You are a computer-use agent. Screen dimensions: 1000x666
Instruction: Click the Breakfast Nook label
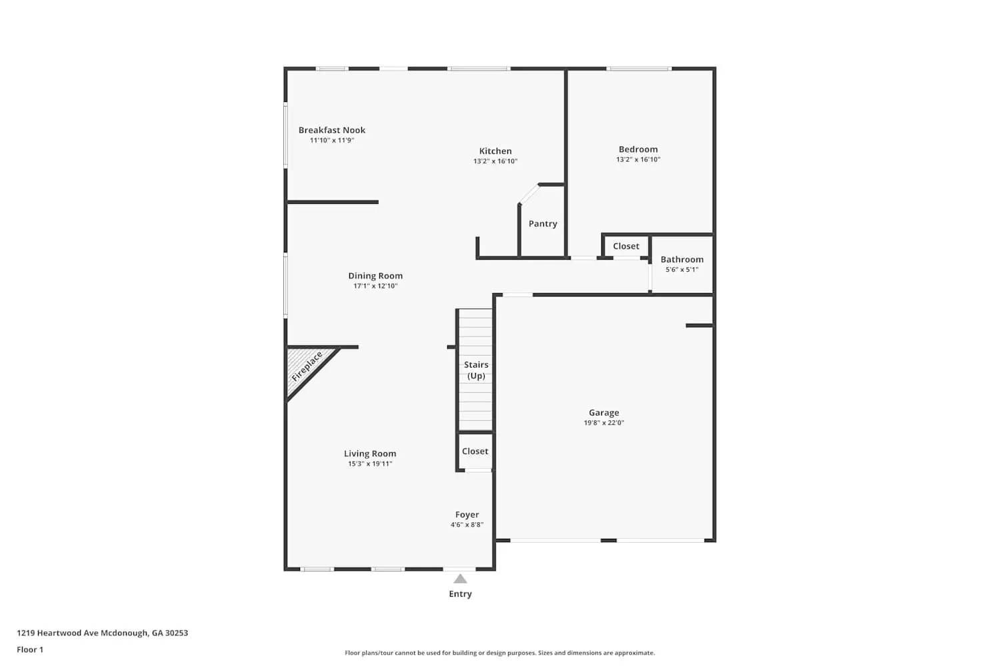[332, 131]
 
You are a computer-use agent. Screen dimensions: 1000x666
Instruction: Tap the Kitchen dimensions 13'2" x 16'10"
[495, 161]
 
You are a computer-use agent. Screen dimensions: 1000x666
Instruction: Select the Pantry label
[543, 224]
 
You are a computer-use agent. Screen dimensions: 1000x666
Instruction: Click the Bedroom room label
[638, 149]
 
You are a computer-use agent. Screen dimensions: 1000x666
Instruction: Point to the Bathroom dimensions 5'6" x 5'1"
[682, 270]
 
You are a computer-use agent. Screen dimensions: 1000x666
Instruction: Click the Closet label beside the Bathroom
[626, 246]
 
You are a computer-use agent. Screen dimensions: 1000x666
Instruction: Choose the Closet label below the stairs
[475, 452]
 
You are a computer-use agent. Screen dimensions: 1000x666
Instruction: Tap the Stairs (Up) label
[476, 370]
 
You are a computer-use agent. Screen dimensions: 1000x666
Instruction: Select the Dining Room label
[375, 276]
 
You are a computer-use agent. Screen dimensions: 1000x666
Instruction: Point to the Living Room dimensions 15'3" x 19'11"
[370, 464]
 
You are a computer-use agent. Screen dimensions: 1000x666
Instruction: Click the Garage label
[603, 413]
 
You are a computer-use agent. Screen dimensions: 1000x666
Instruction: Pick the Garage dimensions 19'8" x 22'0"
[603, 422]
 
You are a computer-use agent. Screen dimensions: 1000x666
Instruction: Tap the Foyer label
[467, 515]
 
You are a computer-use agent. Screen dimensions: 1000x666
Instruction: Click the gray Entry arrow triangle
[460, 579]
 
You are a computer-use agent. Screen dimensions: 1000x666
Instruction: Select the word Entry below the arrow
[460, 593]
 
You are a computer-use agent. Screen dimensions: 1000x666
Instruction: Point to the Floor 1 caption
[30, 649]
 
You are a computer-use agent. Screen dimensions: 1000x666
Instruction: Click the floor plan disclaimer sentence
[499, 653]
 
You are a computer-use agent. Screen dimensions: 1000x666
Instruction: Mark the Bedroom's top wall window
[639, 69]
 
